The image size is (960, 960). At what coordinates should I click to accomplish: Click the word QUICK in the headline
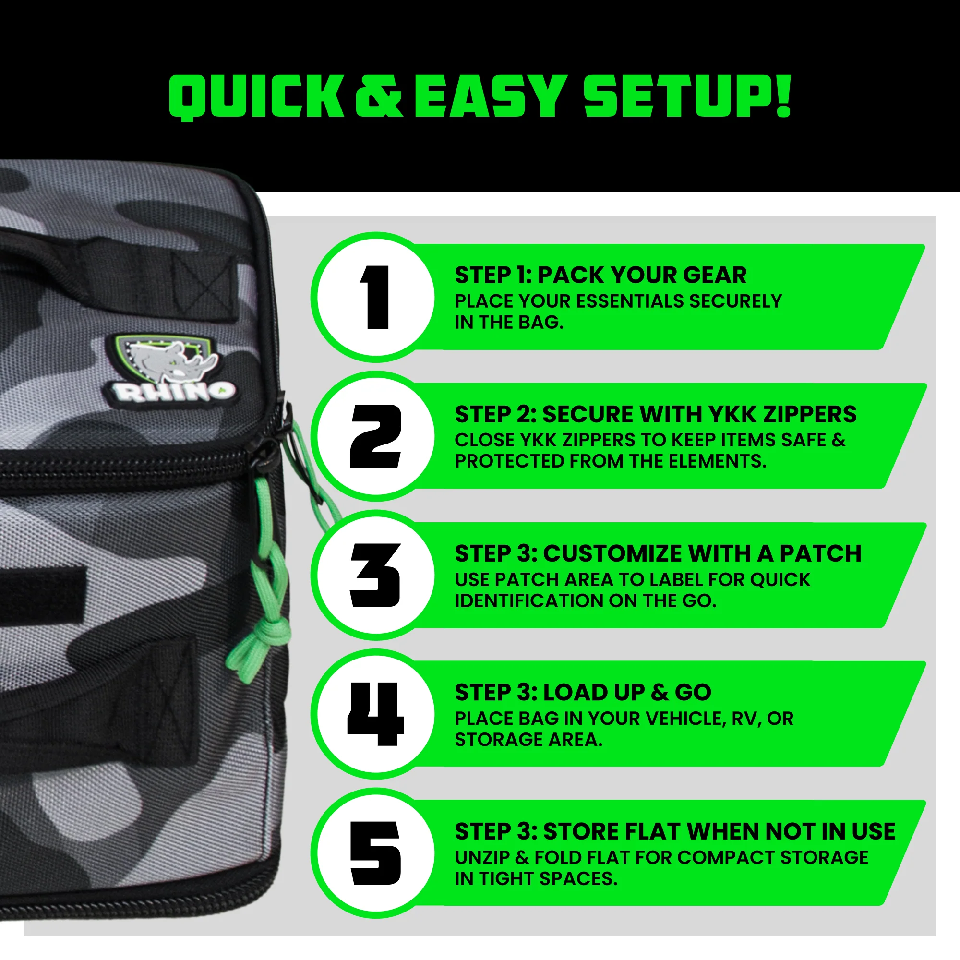pos(256,97)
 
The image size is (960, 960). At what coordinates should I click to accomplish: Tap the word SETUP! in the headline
pos(687,96)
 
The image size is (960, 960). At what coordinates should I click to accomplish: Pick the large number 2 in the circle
pos(375,436)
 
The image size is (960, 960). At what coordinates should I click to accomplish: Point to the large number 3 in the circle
pos(375,576)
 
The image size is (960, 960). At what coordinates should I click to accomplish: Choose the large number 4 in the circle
pos(376,714)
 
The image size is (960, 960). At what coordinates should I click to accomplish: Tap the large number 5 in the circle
pos(375,853)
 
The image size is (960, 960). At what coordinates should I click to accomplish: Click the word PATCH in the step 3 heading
pos(820,553)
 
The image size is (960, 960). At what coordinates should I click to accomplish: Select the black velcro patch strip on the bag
pos(42,594)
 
